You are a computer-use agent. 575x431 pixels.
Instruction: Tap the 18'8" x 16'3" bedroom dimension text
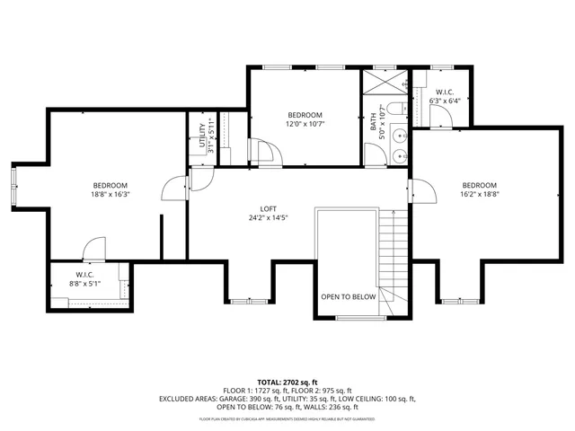click(x=109, y=194)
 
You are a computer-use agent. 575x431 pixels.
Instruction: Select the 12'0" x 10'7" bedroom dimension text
click(x=305, y=124)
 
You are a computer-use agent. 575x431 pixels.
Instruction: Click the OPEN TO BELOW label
click(x=349, y=296)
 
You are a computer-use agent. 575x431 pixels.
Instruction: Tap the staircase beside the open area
click(x=389, y=256)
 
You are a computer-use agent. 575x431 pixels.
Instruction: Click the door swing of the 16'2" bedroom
click(x=418, y=190)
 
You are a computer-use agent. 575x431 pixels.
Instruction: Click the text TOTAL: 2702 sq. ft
click(x=287, y=382)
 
